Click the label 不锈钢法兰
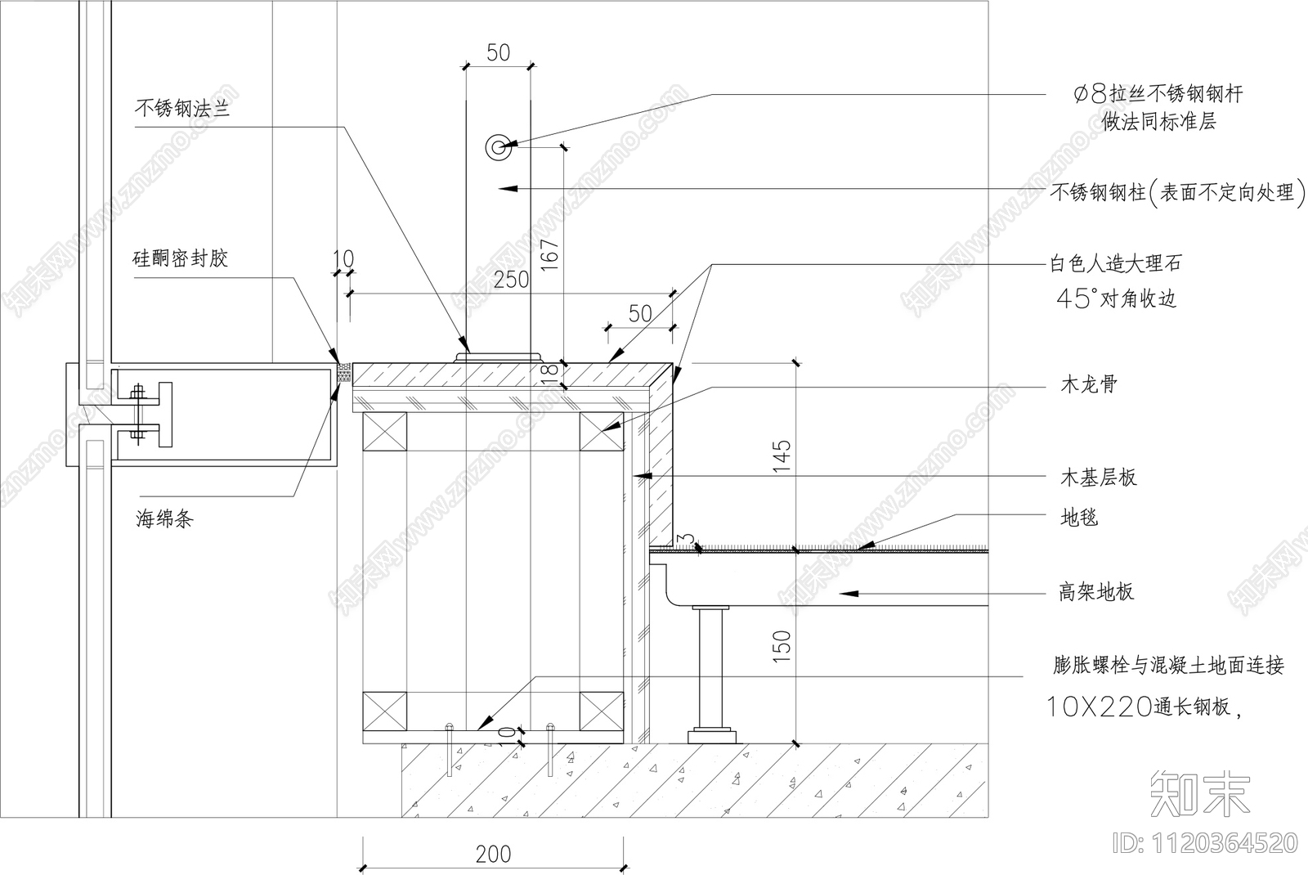pyautogui.click(x=182, y=108)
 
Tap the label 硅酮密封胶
pyautogui.click(x=180, y=258)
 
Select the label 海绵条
pyautogui.click(x=164, y=518)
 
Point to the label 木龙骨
pyautogui.click(x=1088, y=384)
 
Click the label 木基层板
pyautogui.click(x=1099, y=478)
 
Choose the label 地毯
pyautogui.click(x=1079, y=517)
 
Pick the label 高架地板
pyautogui.click(x=1096, y=592)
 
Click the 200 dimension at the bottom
pyautogui.click(x=494, y=855)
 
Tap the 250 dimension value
pyautogui.click(x=512, y=280)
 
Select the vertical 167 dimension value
pyautogui.click(x=550, y=254)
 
